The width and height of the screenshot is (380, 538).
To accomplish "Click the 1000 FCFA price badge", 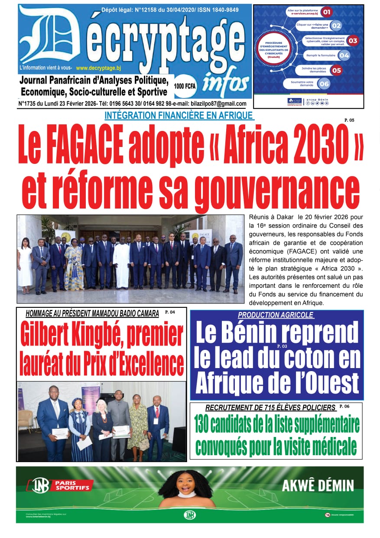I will (x=185, y=86).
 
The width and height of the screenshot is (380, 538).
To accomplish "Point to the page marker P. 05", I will (x=349, y=120).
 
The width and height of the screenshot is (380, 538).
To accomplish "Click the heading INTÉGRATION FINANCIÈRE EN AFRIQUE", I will (x=179, y=115).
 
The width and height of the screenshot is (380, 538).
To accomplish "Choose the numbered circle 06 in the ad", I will (x=324, y=84).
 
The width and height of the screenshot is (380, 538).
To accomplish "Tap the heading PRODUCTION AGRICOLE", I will (x=276, y=315).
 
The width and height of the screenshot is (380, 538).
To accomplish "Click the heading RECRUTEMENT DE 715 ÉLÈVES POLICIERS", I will (x=270, y=408).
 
